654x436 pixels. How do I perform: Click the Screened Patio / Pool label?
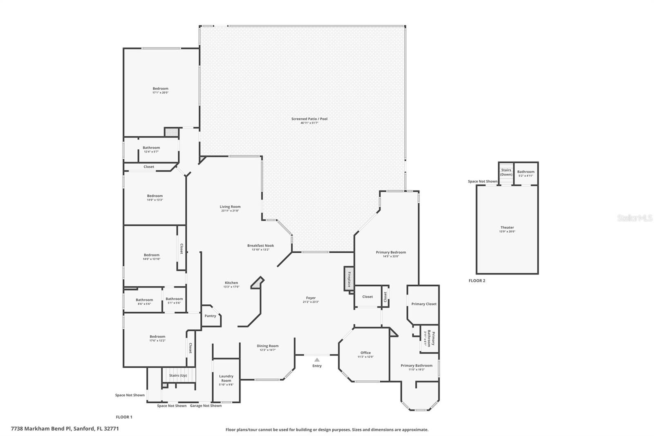(x=309, y=119)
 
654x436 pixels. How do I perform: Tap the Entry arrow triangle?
(x=317, y=360)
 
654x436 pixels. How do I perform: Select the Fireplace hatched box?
(x=349, y=279)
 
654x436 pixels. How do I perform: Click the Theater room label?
(x=507, y=227)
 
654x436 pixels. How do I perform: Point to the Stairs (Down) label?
(x=506, y=172)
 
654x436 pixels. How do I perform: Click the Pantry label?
(x=210, y=316)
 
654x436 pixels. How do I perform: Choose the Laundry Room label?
(x=226, y=378)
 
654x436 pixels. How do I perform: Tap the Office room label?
(x=365, y=353)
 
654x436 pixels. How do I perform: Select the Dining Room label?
(x=268, y=346)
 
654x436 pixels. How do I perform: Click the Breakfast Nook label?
(x=260, y=246)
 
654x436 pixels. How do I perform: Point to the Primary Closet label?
(x=424, y=304)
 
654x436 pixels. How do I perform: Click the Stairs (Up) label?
(x=178, y=375)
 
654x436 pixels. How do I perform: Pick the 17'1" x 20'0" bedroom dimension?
(x=160, y=93)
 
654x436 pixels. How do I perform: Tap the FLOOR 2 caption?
(x=477, y=281)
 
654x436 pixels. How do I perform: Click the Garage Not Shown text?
(x=206, y=406)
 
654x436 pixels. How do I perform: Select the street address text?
(x=65, y=429)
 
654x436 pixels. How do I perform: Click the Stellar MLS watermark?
(x=634, y=218)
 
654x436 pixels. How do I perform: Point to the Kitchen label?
(x=231, y=283)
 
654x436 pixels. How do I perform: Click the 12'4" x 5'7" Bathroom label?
(x=151, y=148)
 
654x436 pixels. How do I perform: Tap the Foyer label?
(x=311, y=298)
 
